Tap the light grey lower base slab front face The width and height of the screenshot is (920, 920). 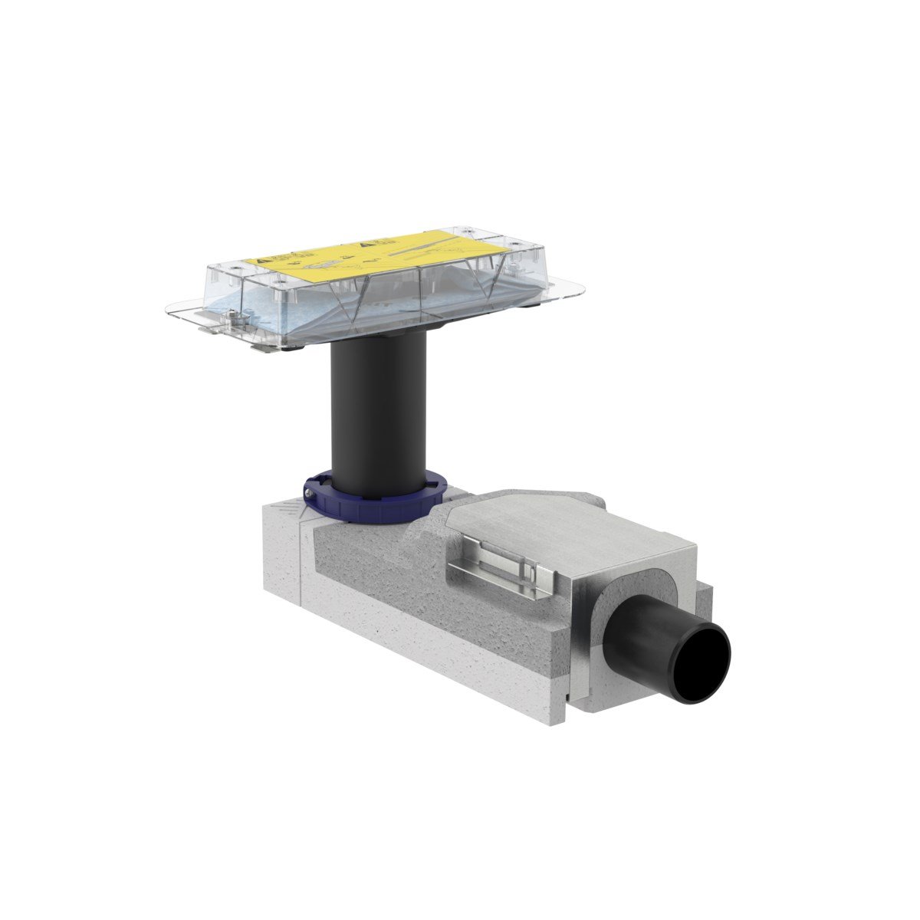[x=429, y=644]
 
